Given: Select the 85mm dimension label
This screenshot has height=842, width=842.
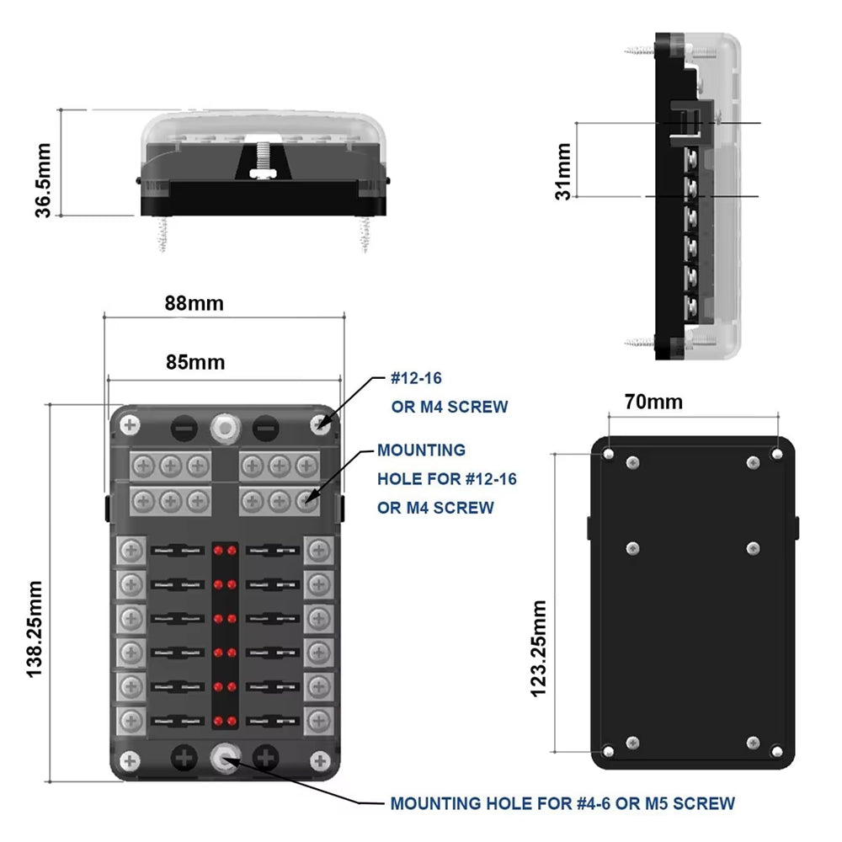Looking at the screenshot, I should click(x=195, y=362).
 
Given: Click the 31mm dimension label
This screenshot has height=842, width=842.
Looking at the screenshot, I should click(x=563, y=171).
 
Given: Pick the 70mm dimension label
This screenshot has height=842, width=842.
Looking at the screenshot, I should click(x=653, y=401).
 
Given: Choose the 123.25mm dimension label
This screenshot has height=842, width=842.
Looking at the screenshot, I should click(x=539, y=648).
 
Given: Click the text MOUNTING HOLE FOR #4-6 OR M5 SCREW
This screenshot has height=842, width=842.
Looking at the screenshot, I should click(x=562, y=803).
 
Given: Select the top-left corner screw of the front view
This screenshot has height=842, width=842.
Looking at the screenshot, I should click(x=129, y=425).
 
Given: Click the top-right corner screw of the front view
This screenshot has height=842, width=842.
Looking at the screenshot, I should click(x=320, y=425).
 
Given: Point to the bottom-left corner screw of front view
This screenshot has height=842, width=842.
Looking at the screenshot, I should click(x=129, y=760).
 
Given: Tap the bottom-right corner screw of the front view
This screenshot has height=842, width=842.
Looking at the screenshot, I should click(x=320, y=760).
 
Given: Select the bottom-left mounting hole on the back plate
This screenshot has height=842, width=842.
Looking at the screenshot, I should click(x=609, y=750).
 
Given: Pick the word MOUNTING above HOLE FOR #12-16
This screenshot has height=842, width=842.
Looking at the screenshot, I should click(x=421, y=450).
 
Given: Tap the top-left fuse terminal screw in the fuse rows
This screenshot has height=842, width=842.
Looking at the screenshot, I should click(x=131, y=552).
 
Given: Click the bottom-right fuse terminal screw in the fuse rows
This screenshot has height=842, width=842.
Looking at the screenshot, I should click(x=318, y=719).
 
